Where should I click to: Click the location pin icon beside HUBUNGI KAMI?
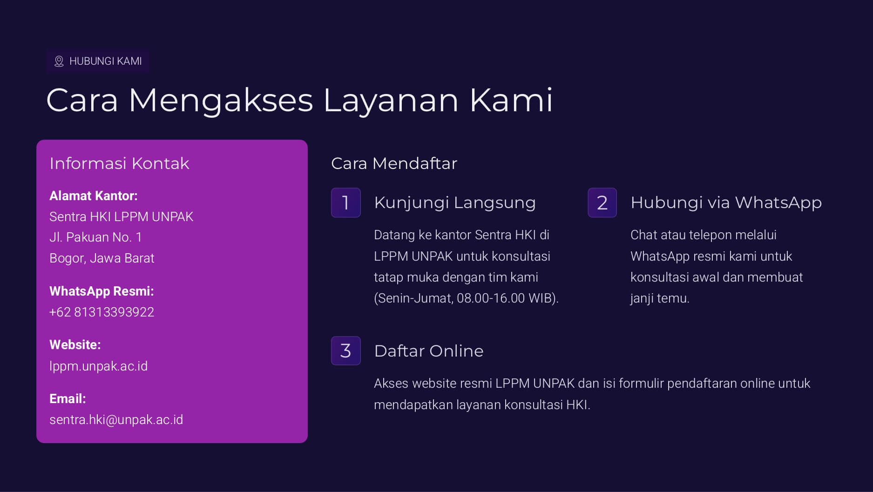(x=59, y=61)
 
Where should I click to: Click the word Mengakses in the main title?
(x=221, y=101)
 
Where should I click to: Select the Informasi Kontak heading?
(x=119, y=163)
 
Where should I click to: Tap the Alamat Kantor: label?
(x=94, y=196)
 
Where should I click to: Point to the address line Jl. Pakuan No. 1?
(x=95, y=237)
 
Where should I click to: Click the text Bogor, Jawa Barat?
(x=102, y=258)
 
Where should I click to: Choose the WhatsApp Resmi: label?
(x=102, y=291)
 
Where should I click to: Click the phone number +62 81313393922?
(x=102, y=312)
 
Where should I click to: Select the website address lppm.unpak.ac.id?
(x=98, y=366)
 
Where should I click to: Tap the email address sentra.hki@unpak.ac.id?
(x=116, y=420)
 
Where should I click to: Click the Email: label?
(x=68, y=399)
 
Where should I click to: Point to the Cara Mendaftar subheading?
(x=394, y=163)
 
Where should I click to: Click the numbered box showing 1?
(x=346, y=202)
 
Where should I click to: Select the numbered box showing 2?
(x=602, y=202)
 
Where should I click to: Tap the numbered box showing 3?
(x=346, y=350)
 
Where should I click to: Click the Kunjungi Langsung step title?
(x=455, y=203)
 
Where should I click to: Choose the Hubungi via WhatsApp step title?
(x=726, y=203)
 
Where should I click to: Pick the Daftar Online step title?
(x=429, y=351)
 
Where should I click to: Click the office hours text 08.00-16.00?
(x=491, y=298)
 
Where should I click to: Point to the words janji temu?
(x=660, y=298)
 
